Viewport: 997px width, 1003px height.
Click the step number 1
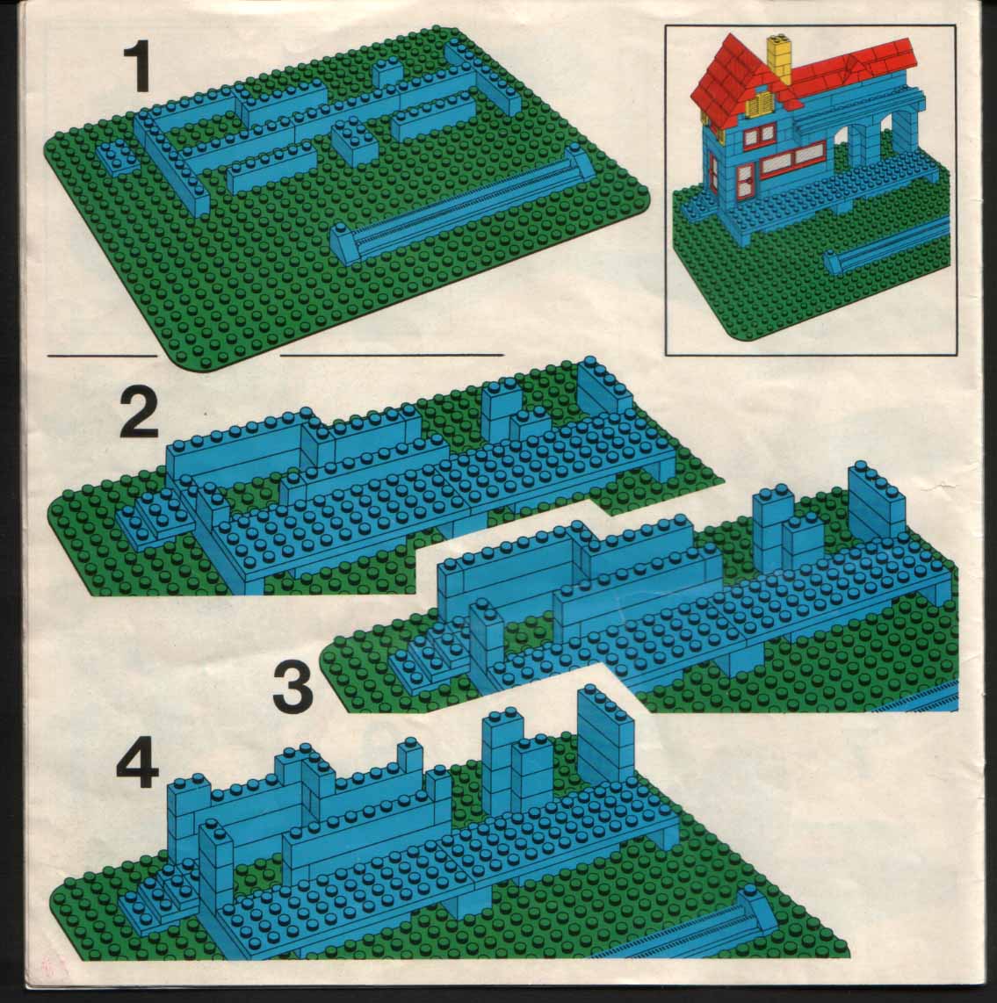click(137, 67)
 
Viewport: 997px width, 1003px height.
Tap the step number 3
click(293, 689)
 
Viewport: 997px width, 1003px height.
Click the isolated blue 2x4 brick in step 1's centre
click(354, 142)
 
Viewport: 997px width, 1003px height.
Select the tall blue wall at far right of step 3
click(876, 500)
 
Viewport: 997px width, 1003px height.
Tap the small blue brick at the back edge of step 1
click(387, 75)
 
